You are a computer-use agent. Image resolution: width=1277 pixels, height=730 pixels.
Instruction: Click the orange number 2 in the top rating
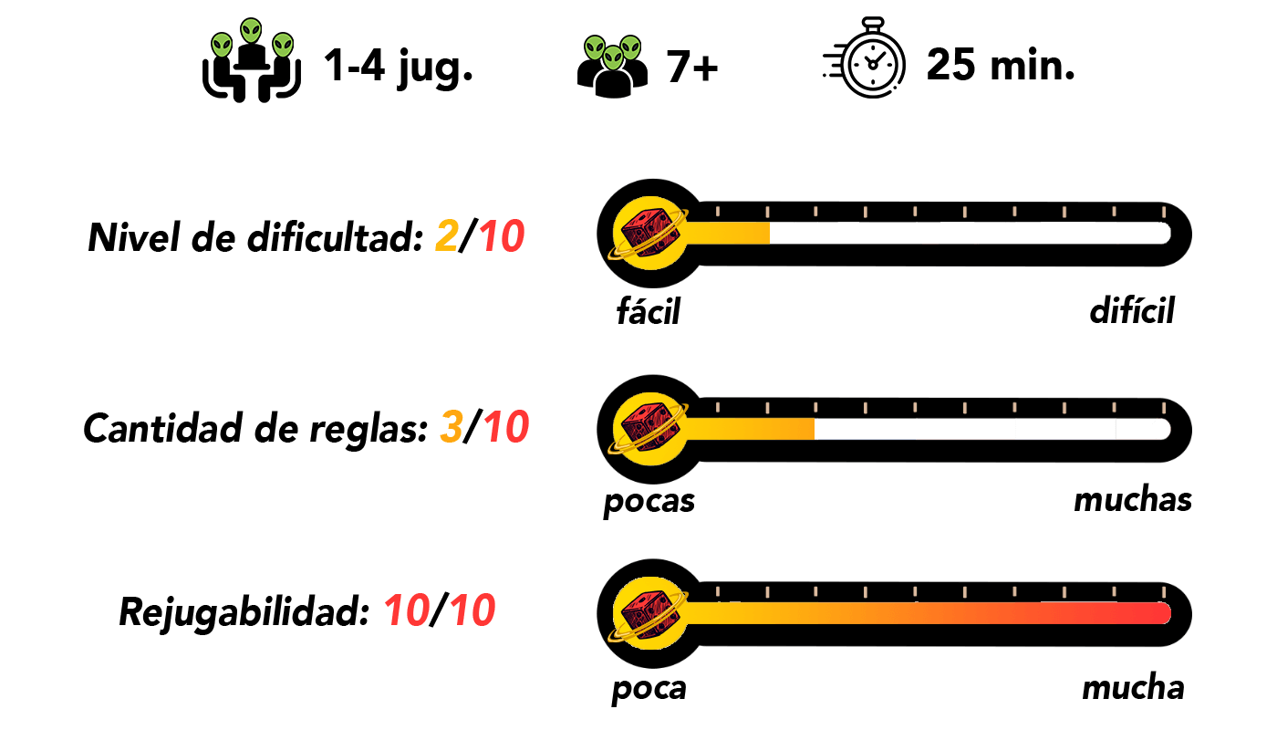[447, 236]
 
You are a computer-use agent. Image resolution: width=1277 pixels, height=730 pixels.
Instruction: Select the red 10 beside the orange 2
[502, 236]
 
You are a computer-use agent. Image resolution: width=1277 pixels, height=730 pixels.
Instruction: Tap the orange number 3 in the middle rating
[452, 426]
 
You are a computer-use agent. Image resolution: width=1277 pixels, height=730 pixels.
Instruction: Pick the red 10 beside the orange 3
[506, 426]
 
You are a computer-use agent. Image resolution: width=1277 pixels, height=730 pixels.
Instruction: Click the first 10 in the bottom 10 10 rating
[407, 610]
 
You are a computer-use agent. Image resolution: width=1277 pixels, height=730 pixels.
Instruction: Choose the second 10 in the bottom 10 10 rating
[472, 610]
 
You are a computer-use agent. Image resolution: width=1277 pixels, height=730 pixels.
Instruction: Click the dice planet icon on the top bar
[649, 233]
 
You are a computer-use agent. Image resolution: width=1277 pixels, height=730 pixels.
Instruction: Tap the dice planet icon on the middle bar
[649, 429]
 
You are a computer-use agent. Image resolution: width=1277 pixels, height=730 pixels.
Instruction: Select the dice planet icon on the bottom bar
[649, 613]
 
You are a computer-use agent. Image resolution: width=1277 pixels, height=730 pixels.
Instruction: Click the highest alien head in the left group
[251, 30]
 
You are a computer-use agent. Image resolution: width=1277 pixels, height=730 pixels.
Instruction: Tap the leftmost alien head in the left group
[222, 45]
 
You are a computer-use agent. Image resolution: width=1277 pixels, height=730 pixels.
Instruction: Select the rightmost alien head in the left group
[283, 45]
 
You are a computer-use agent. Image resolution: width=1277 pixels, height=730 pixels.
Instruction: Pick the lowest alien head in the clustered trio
[613, 57]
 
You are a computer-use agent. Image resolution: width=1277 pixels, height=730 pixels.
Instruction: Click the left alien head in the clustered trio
[595, 47]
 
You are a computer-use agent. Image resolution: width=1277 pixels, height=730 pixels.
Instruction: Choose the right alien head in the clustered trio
[630, 47]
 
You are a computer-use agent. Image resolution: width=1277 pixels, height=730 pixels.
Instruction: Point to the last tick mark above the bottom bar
[1164, 592]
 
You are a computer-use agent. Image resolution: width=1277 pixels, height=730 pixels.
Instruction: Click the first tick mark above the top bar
[718, 211]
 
